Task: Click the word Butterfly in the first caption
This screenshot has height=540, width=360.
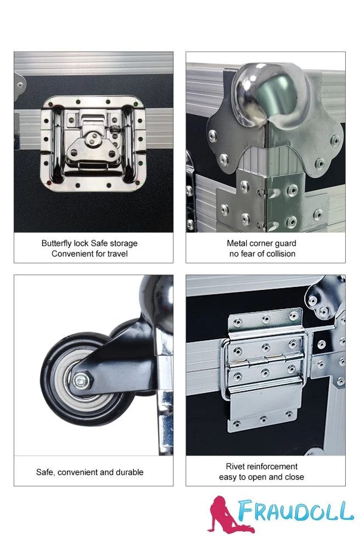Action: point(57,244)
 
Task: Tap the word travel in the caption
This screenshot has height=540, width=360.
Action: point(117,254)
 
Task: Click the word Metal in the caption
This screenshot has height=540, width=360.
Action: point(236,244)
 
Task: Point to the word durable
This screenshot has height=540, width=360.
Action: point(130,472)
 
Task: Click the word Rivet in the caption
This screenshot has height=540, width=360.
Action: point(235,466)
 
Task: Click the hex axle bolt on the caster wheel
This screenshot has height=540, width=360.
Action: point(81,380)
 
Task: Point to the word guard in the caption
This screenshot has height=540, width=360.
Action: point(286,244)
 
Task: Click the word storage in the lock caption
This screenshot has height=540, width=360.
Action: point(123,244)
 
